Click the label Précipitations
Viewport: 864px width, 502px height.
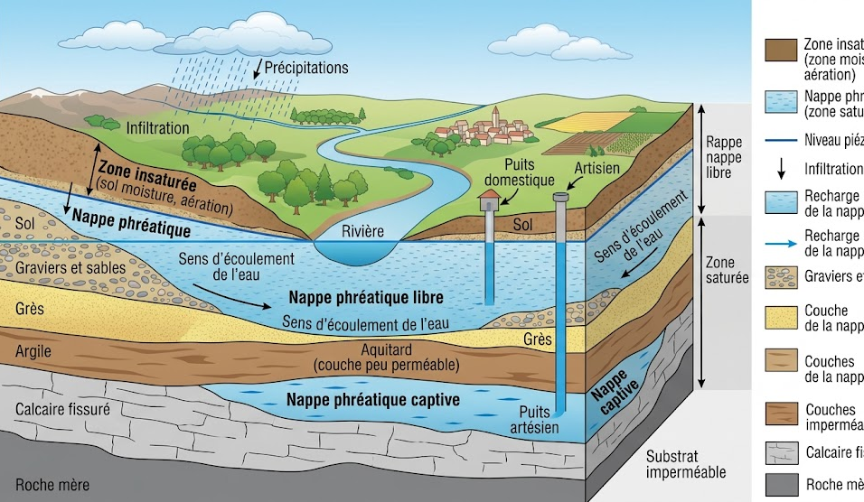305,68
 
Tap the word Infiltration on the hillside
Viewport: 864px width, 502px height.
158,128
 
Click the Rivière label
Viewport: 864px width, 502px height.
362,231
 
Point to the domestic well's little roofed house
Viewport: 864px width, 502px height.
490,200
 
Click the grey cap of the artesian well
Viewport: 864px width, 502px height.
560,196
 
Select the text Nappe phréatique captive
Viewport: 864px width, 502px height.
373,398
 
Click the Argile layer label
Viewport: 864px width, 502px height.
33,351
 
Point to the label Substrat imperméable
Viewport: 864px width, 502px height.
687,464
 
